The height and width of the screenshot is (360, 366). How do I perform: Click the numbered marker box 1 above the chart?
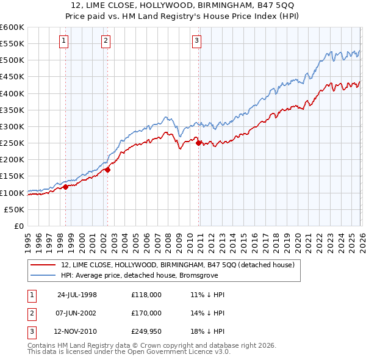[65, 41]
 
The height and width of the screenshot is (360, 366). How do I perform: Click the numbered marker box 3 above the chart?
[197, 41]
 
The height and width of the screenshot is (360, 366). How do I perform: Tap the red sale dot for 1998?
[66, 187]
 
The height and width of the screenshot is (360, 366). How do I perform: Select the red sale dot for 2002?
[107, 170]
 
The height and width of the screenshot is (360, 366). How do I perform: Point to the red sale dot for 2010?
[198, 143]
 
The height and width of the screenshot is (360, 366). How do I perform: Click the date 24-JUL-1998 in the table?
[77, 295]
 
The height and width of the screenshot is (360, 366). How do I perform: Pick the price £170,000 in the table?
[146, 313]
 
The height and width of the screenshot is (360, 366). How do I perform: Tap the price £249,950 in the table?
[146, 331]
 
